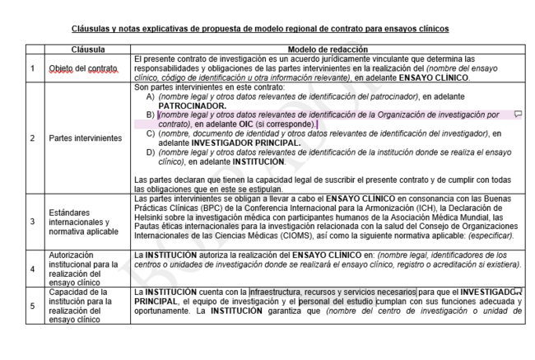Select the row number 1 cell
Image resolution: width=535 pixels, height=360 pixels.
tap(33, 68)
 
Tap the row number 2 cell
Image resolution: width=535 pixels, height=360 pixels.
tap(33, 138)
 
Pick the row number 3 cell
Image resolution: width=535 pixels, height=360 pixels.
tap(33, 222)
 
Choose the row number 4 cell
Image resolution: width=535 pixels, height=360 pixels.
tap(33, 269)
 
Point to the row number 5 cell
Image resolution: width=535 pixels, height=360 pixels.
tap(33, 306)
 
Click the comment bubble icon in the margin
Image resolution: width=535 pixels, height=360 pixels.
tap(518, 115)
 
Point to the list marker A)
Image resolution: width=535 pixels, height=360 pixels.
tap(150, 97)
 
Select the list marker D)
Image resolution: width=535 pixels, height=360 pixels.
tap(150, 152)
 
